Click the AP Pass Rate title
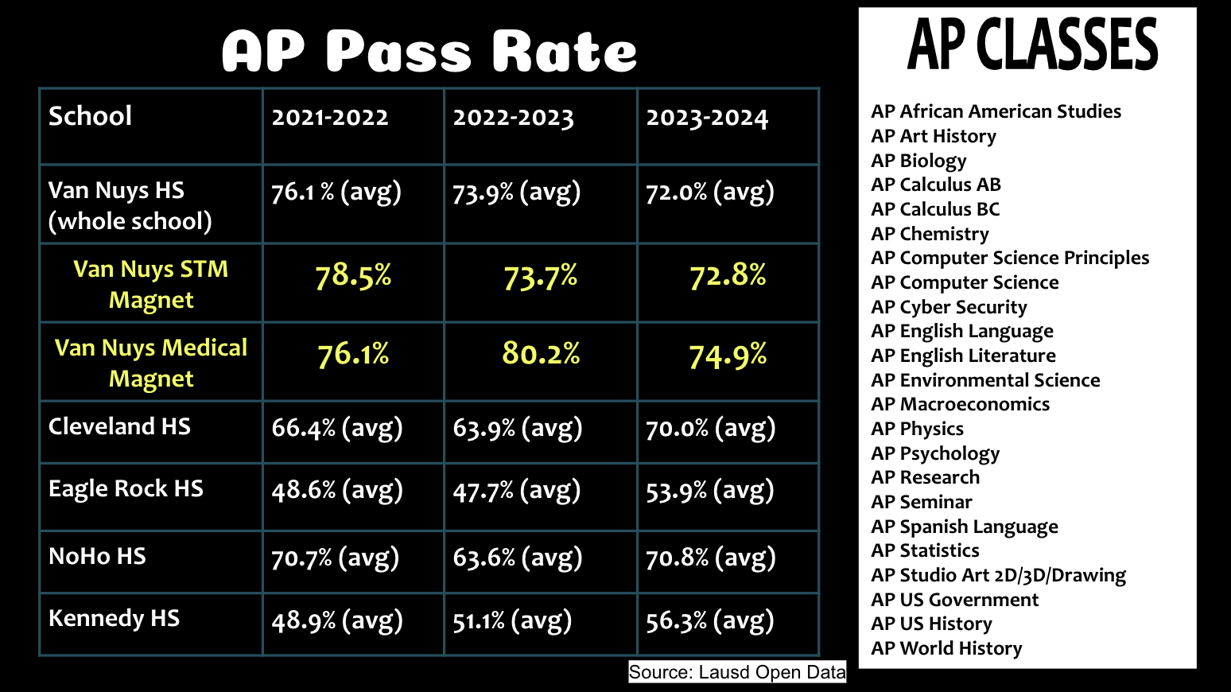pos(429,52)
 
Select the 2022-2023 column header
pos(513,119)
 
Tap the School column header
pos(90,116)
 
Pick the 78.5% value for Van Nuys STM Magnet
pos(353,276)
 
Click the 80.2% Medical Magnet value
pos(541,353)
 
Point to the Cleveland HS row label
pos(119,426)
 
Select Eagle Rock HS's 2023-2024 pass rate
pos(709,491)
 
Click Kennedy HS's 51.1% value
pos(512,620)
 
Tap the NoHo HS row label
pos(97,556)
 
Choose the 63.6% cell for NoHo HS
pos(517,558)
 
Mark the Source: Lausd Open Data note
pos(737,672)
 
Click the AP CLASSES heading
pos(1032,45)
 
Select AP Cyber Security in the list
pos(949,307)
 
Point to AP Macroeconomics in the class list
pos(960,404)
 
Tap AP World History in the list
pos(946,648)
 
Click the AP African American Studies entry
pos(996,111)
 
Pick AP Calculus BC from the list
pos(935,209)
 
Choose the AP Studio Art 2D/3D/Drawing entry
pos(998,575)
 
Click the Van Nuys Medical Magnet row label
pos(151,363)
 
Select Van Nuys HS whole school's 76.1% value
pos(336,192)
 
